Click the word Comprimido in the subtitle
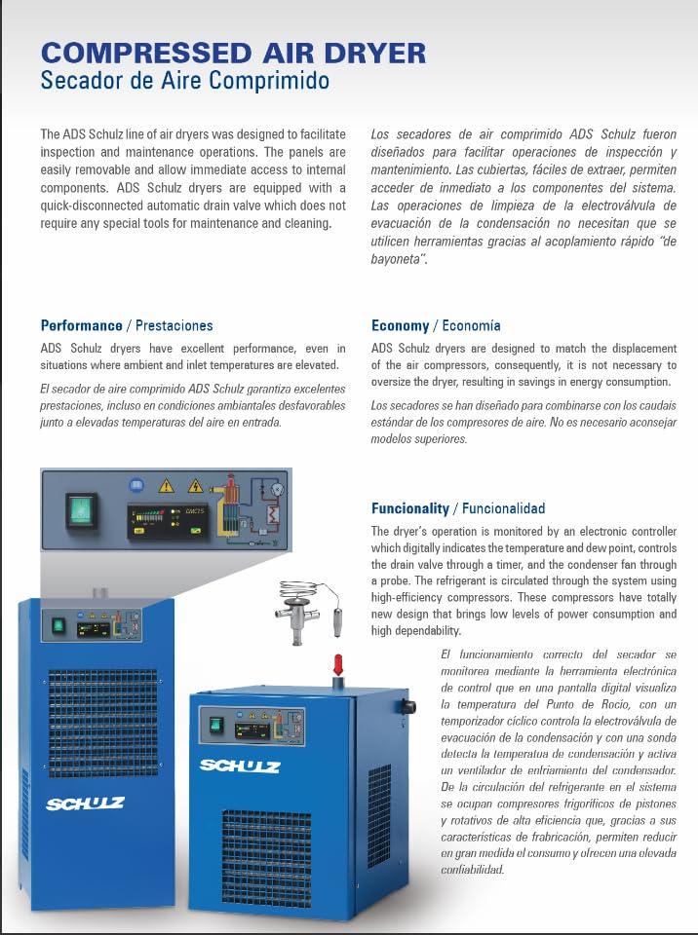click(x=270, y=81)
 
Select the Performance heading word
click(x=81, y=325)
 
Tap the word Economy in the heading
click(x=400, y=325)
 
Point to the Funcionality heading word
click(x=410, y=508)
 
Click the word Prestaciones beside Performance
click(x=174, y=325)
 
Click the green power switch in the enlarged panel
click(x=81, y=507)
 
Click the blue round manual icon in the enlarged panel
click(x=136, y=483)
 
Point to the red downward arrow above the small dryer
click(x=338, y=665)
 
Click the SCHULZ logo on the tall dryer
click(x=85, y=804)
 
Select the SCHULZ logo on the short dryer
click(x=240, y=766)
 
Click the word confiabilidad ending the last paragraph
click(x=472, y=869)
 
